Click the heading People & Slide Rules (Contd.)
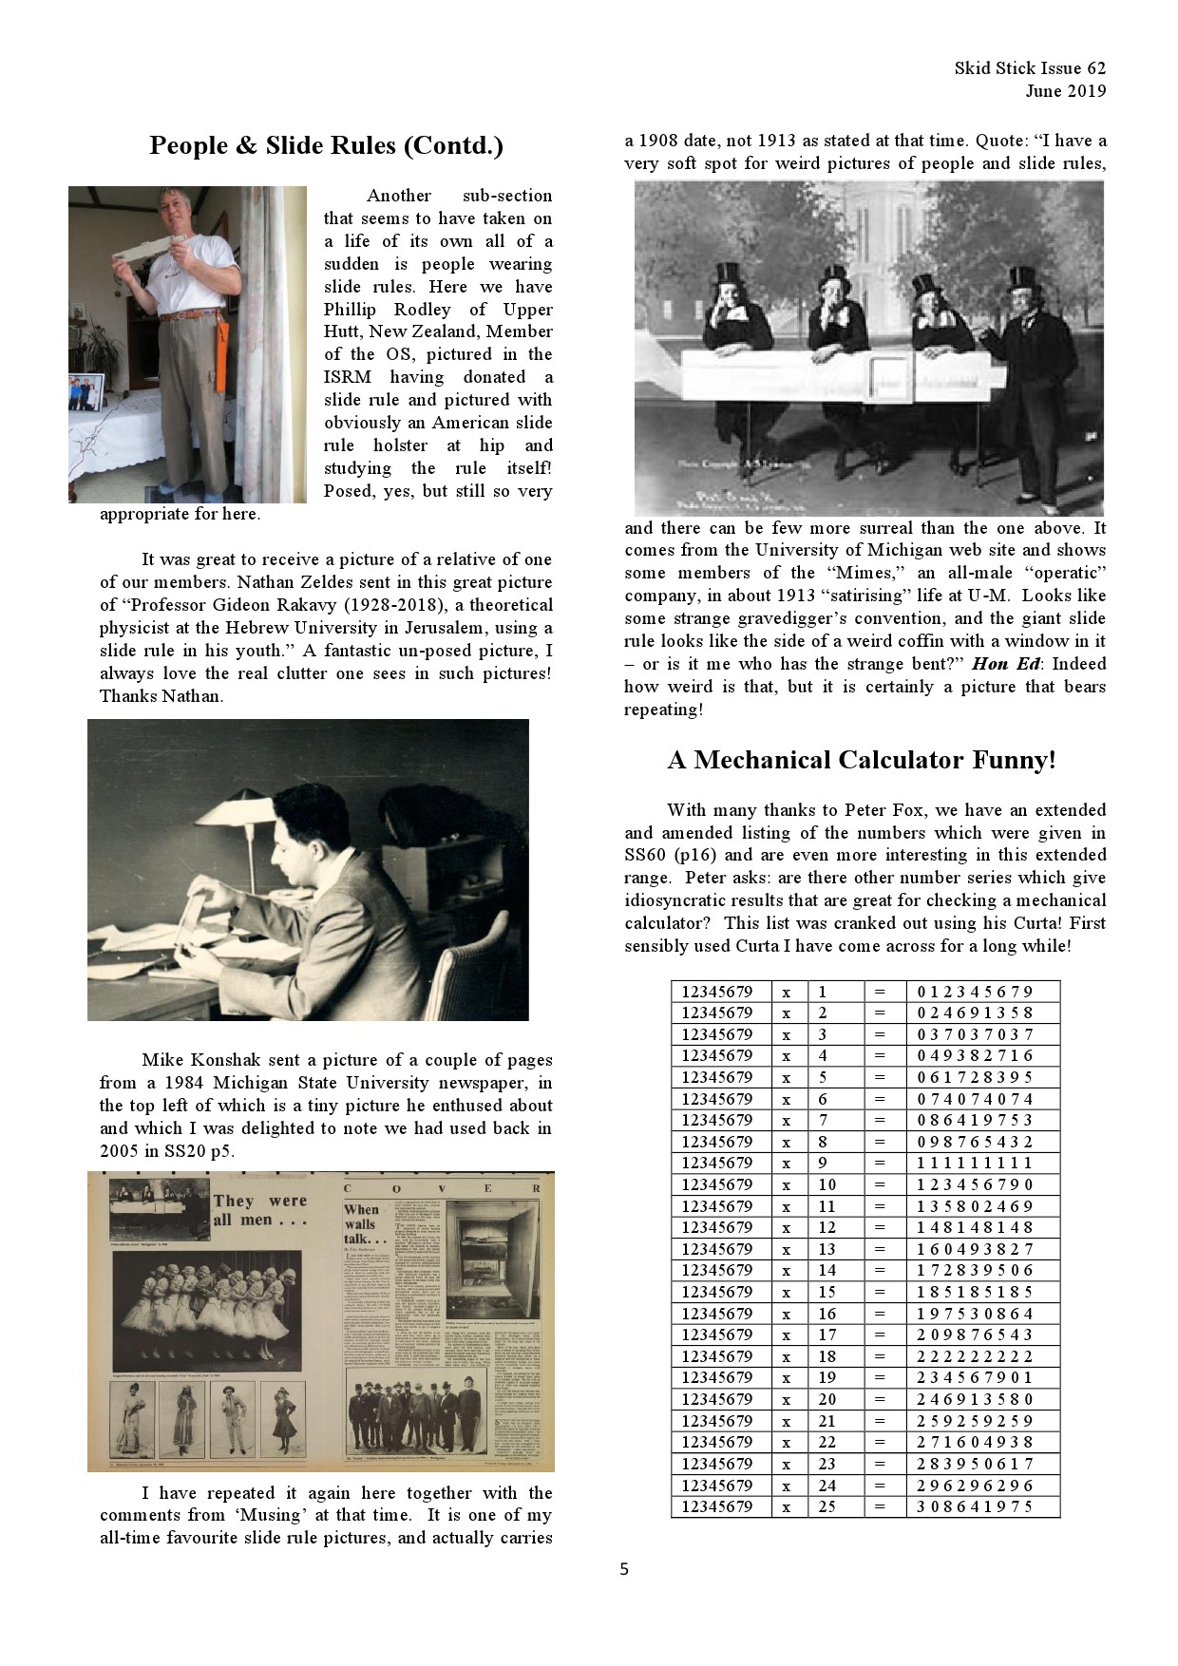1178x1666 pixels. pos(326,145)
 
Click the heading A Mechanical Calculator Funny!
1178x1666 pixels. pos(862,760)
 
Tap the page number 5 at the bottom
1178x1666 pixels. pos(624,1569)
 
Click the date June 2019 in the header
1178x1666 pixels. pos(1065,91)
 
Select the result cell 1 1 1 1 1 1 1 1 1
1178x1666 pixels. pos(975,1164)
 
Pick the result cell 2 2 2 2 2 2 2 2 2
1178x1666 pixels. pos(975,1356)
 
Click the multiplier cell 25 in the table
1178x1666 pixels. pos(827,1506)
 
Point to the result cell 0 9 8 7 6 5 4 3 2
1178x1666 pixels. pos(975,1142)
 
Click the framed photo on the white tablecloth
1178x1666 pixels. pos(86,391)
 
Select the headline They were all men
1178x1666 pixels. pos(259,1210)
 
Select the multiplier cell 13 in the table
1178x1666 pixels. pos(827,1249)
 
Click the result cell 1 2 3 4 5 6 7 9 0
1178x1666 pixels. pos(975,1184)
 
